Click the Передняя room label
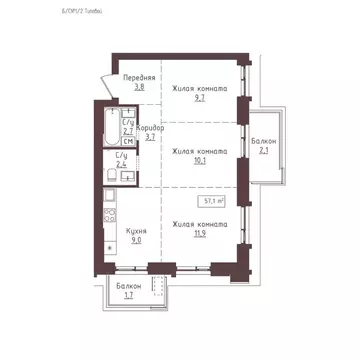[x=139, y=77]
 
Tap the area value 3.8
[x=139, y=87]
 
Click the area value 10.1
[x=200, y=162]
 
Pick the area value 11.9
[x=200, y=237]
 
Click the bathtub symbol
[x=109, y=125]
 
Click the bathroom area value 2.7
[x=127, y=130]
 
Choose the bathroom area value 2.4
[x=121, y=166]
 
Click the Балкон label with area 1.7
[x=127, y=286]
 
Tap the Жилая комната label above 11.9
[x=200, y=227]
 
